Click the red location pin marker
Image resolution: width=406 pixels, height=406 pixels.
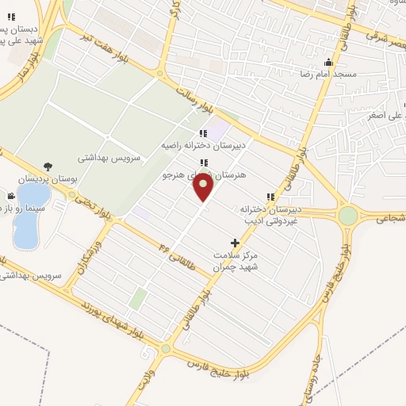[x=205, y=188]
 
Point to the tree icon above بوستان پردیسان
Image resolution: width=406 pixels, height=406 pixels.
[x=49, y=167]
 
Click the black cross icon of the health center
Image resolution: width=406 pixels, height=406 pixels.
[x=234, y=242]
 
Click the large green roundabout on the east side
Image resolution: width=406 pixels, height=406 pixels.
[x=347, y=215]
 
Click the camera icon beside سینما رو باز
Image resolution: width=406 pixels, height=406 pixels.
[x=11, y=196]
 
